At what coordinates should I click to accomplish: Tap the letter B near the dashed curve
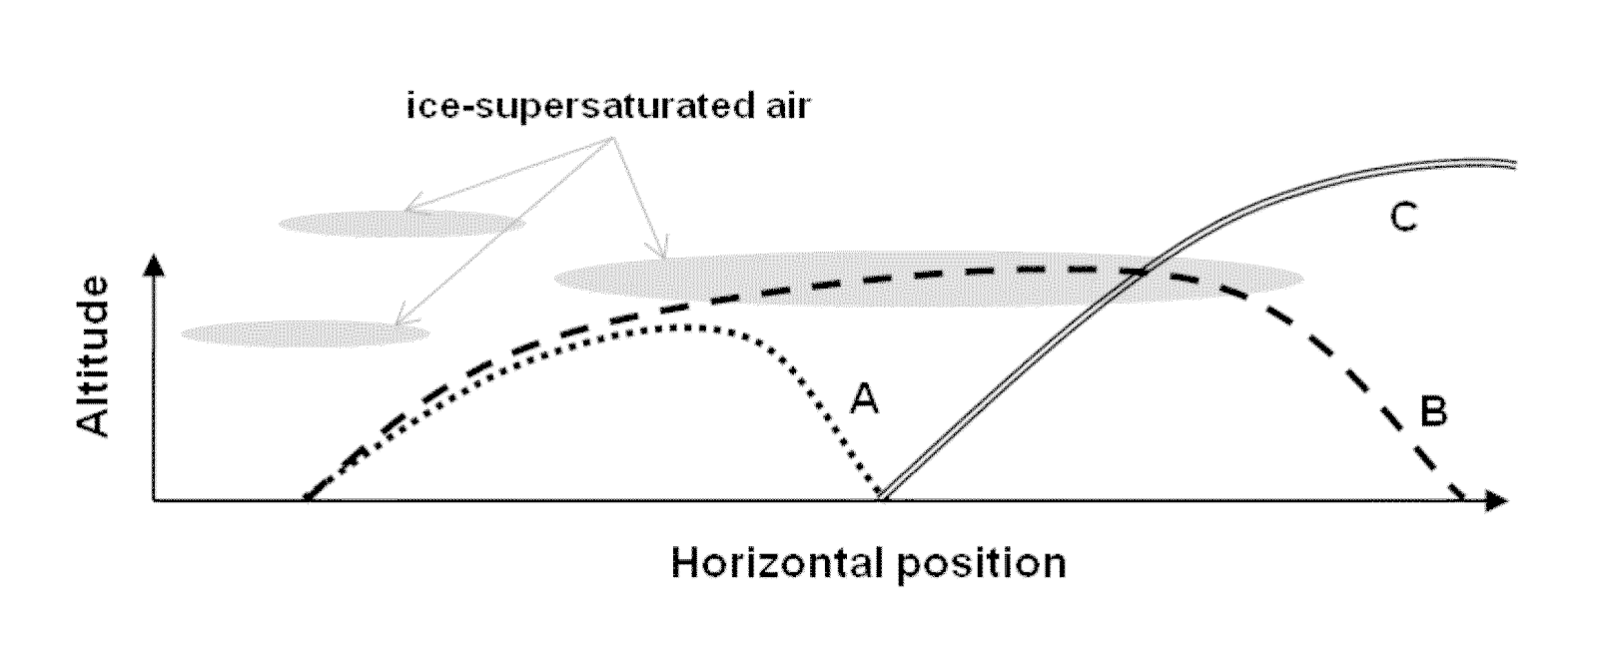[x=1433, y=412]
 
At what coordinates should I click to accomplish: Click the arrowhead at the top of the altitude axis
[x=154, y=264]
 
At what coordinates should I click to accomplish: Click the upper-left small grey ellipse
[x=399, y=223]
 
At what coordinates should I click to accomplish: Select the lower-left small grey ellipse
[x=305, y=332]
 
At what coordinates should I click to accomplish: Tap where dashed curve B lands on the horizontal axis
[x=1464, y=498]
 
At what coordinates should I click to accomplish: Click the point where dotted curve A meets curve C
[x=881, y=496]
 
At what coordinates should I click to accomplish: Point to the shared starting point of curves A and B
[x=307, y=497]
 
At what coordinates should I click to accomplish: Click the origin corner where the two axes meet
[x=154, y=499]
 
